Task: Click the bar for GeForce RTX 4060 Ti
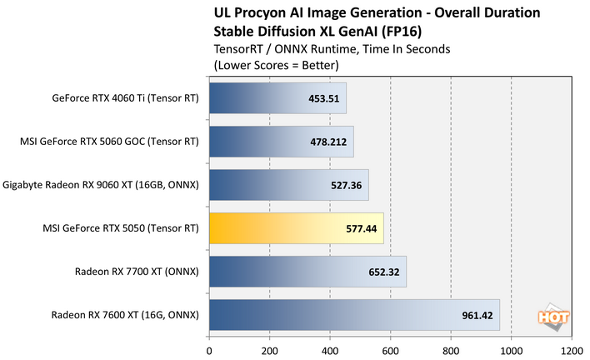[x=277, y=98]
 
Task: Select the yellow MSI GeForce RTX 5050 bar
[x=296, y=227]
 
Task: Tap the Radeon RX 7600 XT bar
[x=354, y=315]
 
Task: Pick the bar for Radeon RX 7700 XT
[x=307, y=272]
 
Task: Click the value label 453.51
[x=324, y=98]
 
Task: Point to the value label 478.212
[x=328, y=142]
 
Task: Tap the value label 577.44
[x=361, y=228]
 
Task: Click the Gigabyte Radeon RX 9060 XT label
[x=102, y=185]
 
